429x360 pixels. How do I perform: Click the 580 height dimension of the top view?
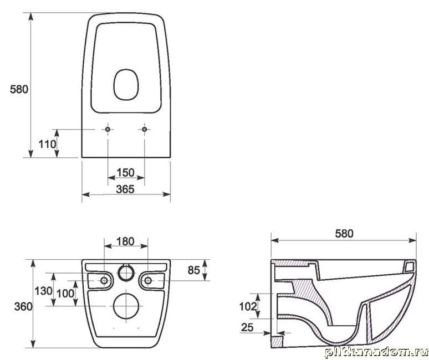pyautogui.click(x=19, y=89)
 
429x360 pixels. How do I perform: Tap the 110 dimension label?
pyautogui.click(x=47, y=144)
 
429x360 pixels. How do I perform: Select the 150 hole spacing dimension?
pyautogui.click(x=126, y=172)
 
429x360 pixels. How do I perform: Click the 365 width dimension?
pyautogui.click(x=125, y=189)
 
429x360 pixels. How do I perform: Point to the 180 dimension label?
pyautogui.click(x=125, y=241)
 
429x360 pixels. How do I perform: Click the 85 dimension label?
pyautogui.click(x=193, y=270)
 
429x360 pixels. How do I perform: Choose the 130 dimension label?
pyautogui.click(x=43, y=291)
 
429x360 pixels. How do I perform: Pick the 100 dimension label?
pyautogui.click(x=65, y=294)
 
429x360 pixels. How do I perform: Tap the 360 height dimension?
pyautogui.click(x=23, y=306)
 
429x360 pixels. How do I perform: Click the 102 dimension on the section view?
pyautogui.click(x=248, y=306)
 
